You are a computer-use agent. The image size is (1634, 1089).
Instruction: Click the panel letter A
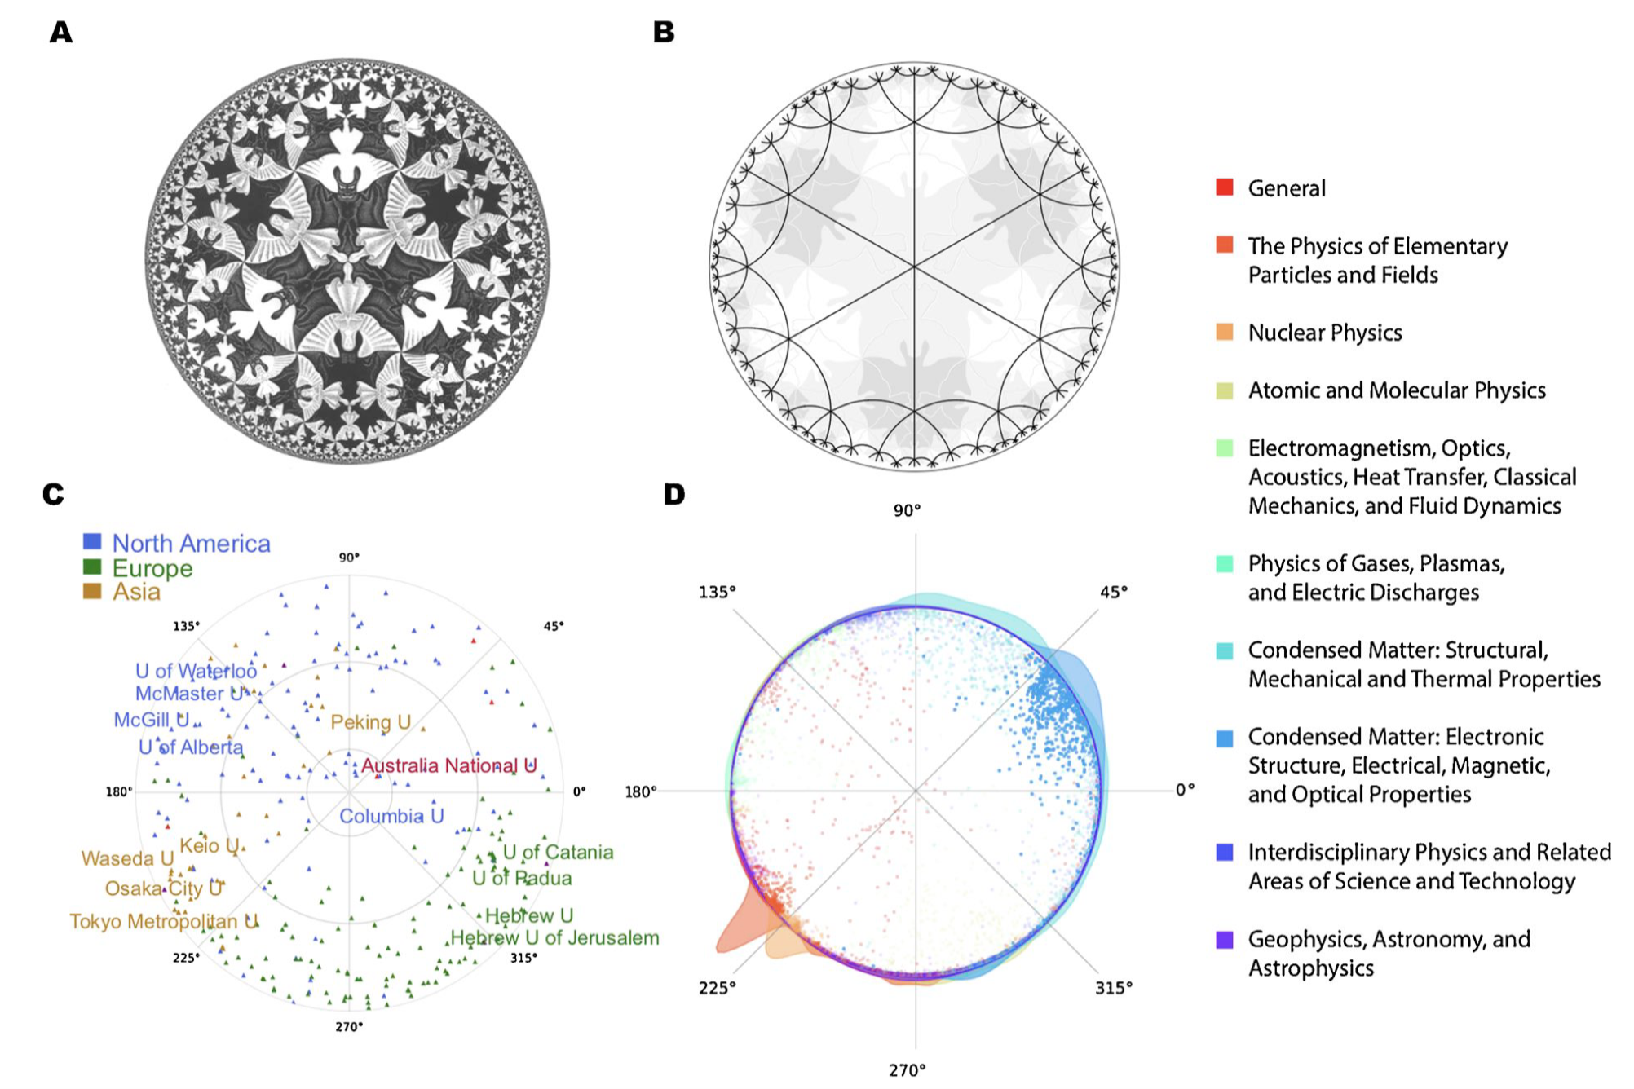[61, 33]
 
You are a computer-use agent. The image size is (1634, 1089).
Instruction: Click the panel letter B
[664, 33]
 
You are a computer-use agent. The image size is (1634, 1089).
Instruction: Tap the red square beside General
[1224, 187]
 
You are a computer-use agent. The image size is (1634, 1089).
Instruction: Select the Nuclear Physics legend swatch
[1224, 332]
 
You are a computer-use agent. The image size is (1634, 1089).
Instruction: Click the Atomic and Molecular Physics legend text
[1396, 390]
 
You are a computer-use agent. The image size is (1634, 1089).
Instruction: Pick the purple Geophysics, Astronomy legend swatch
[1224, 940]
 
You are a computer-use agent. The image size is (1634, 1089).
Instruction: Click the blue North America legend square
[92, 542]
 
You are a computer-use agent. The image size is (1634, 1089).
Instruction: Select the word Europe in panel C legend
[152, 568]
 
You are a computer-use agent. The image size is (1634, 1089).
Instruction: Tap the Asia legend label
[136, 592]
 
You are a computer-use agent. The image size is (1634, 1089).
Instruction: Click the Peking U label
[370, 722]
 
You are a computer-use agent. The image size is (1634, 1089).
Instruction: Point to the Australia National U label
[448, 765]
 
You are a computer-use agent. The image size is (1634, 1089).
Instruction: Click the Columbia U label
[391, 816]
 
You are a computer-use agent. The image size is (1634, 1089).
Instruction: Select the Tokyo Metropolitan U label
[163, 921]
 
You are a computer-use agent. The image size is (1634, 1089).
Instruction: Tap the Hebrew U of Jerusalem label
[554, 937]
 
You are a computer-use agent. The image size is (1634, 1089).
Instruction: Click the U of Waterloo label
[196, 671]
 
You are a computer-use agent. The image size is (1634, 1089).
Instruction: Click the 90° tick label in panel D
[907, 510]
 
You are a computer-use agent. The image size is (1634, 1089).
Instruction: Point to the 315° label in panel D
[1113, 988]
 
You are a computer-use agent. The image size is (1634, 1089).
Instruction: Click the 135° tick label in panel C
[186, 626]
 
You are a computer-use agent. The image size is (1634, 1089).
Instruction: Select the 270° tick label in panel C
[349, 1026]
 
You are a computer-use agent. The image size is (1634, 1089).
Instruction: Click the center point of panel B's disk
[914, 267]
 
